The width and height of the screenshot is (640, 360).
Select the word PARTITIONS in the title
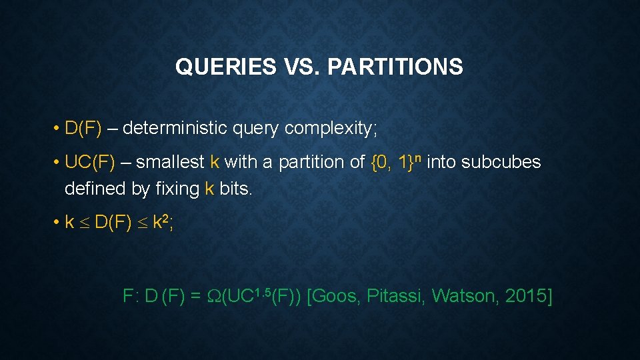[x=395, y=67]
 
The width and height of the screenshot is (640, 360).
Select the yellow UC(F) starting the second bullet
[x=90, y=162]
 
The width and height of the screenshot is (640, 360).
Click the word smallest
[x=171, y=162]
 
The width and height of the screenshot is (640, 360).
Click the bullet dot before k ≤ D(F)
[x=57, y=223]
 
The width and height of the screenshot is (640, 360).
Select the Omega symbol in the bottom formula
[x=213, y=297]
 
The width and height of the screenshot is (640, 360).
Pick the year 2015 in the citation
[x=525, y=297]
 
